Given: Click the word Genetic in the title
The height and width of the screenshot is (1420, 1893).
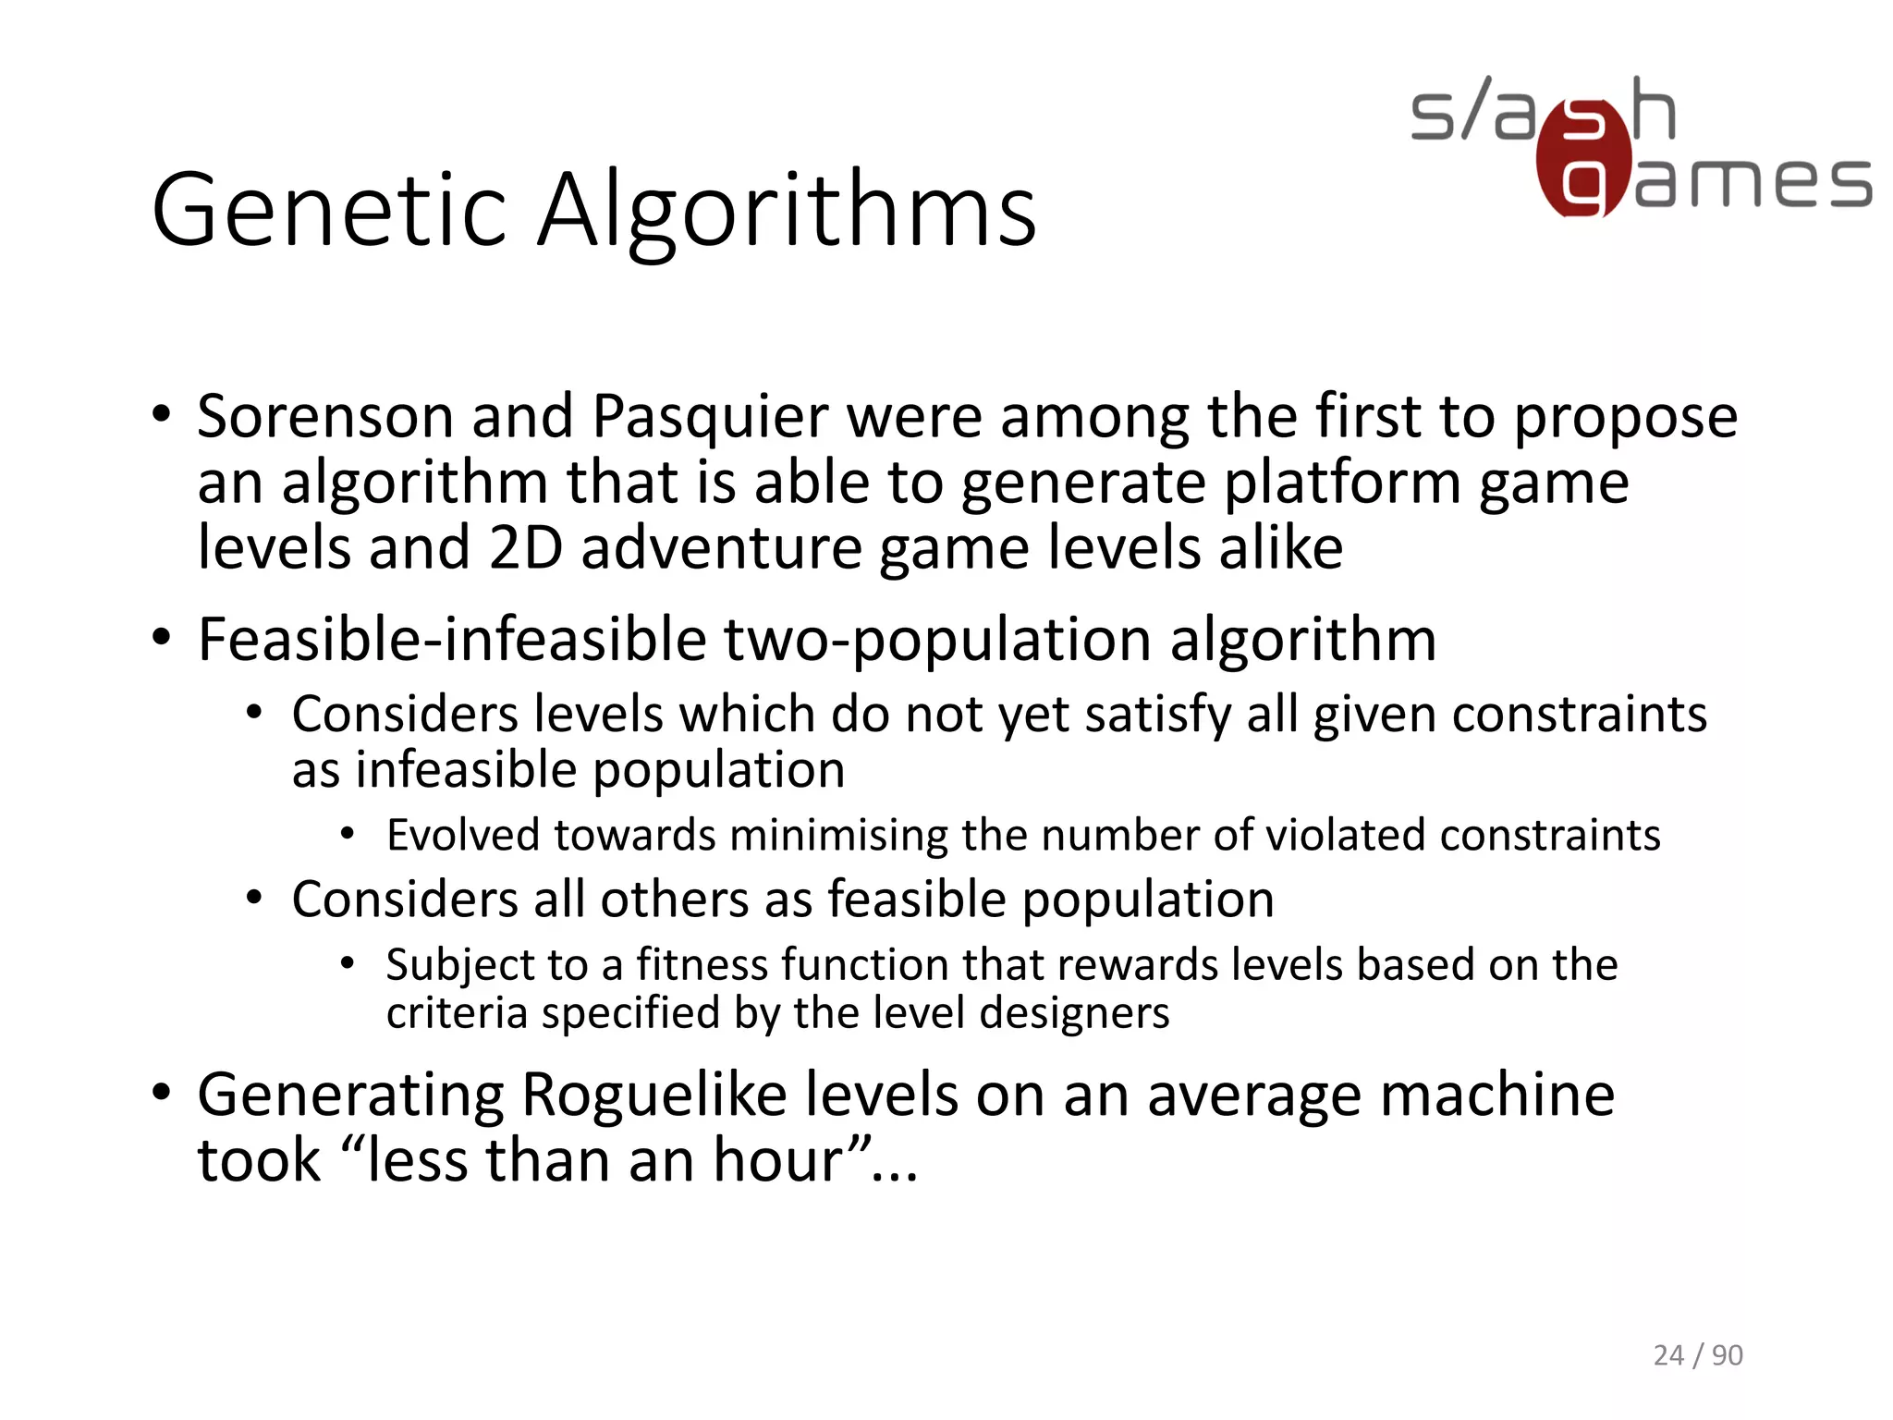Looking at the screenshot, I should (329, 211).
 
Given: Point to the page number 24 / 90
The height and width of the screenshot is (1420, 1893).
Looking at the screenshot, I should (1697, 1355).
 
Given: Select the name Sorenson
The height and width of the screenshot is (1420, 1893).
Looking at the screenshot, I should (324, 416).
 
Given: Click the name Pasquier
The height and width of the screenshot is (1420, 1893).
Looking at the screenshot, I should (710, 418).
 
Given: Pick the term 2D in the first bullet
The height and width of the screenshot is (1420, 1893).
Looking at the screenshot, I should (526, 547).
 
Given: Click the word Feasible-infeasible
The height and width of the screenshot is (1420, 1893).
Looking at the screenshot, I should (452, 640).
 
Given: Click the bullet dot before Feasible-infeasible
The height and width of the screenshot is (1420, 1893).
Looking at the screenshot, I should (162, 638).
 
